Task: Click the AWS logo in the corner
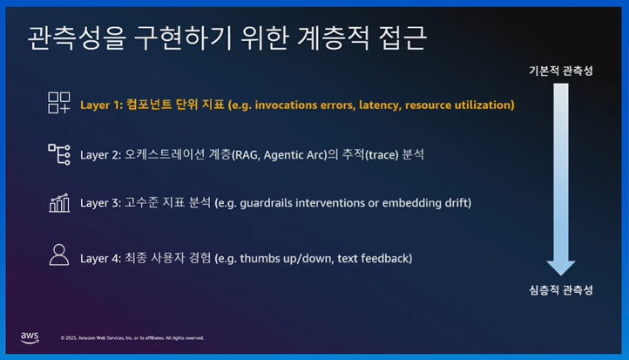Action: (30, 337)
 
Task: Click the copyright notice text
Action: (132, 338)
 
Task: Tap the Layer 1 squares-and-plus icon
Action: (59, 103)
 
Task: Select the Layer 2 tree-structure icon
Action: (59, 154)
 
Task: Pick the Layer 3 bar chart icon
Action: (59, 203)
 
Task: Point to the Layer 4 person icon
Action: (59, 255)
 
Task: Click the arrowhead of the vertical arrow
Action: (561, 268)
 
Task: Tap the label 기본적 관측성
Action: (561, 71)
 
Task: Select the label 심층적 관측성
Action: (561, 289)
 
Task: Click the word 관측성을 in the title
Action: (77, 38)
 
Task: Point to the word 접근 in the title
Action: (402, 38)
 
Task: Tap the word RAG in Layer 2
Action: (247, 155)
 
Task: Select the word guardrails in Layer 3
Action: (266, 203)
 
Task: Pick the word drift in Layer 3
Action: (457, 203)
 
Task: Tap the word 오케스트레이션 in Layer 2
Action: (165, 154)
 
